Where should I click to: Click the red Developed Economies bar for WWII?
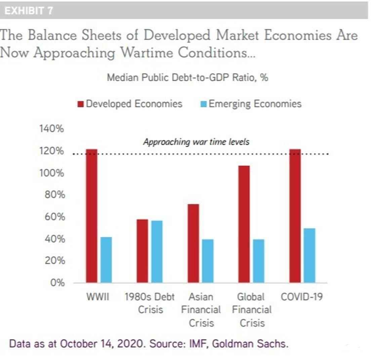[91, 215]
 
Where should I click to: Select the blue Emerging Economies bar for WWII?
[106, 259]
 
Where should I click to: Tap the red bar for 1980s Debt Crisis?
[142, 251]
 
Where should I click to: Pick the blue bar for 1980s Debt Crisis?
[157, 251]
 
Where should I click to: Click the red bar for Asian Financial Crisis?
[193, 243]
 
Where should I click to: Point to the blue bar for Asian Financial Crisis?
[207, 261]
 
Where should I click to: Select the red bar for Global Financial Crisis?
[244, 224]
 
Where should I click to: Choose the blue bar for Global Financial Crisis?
[258, 261]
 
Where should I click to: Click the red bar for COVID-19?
[295, 215]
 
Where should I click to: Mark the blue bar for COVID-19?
[309, 255]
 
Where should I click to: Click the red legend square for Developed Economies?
[81, 104]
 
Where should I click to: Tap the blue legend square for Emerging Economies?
[204, 104]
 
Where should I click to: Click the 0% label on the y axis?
[57, 283]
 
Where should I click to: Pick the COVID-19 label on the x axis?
[301, 297]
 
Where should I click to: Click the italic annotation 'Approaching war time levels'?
[196, 142]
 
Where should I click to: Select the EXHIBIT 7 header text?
[28, 11]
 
